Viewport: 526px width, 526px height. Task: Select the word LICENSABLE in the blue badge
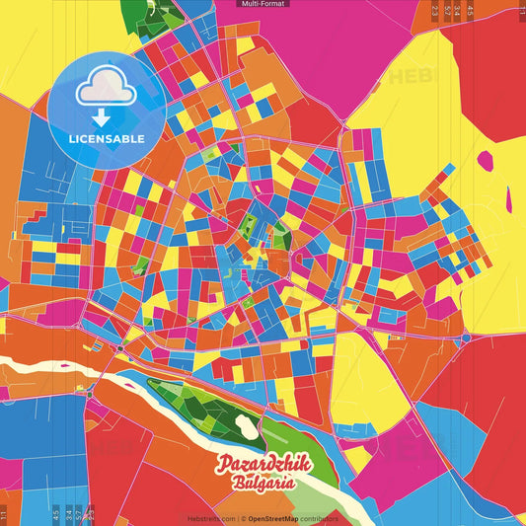[x=107, y=138]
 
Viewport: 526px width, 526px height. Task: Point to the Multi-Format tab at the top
[x=263, y=4]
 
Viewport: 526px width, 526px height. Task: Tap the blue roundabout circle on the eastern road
[x=466, y=338]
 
